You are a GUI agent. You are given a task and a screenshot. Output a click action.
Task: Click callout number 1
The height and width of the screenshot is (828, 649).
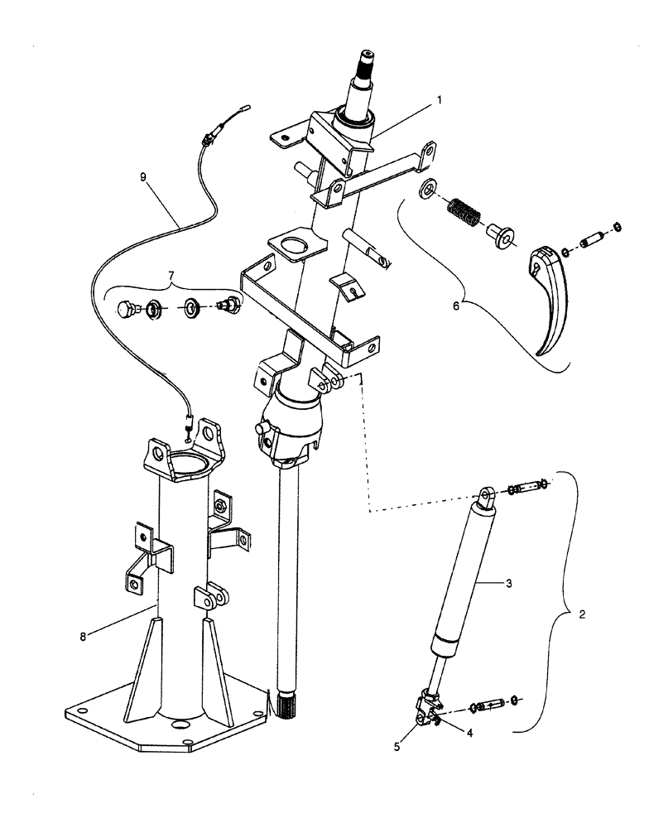440,99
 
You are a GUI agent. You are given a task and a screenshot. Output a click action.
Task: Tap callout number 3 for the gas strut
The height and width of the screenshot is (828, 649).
509,584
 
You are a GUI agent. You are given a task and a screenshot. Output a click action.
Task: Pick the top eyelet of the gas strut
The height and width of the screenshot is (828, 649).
486,497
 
